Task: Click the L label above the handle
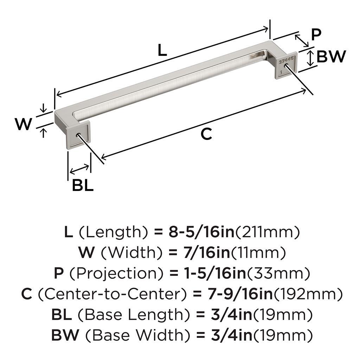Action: [162, 50]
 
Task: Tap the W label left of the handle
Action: [24, 124]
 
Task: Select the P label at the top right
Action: [316, 35]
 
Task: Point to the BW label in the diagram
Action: [331, 57]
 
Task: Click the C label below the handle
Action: [206, 134]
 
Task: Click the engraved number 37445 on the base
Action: [286, 60]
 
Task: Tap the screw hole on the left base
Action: [78, 135]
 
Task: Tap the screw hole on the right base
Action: [286, 66]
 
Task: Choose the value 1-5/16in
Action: [215, 273]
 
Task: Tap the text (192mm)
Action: [308, 294]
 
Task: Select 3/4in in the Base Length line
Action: [231, 315]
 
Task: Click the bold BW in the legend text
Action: [65, 335]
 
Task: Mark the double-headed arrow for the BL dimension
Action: [79, 169]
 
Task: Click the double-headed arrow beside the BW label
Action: [310, 58]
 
